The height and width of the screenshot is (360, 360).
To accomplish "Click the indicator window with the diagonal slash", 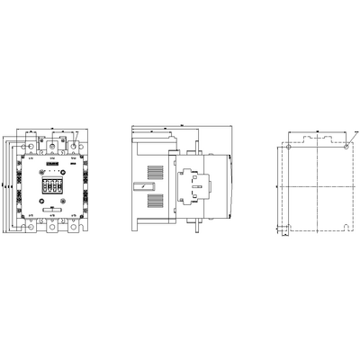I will [139, 187].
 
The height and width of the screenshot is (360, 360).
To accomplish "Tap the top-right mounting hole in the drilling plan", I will [346, 144].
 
